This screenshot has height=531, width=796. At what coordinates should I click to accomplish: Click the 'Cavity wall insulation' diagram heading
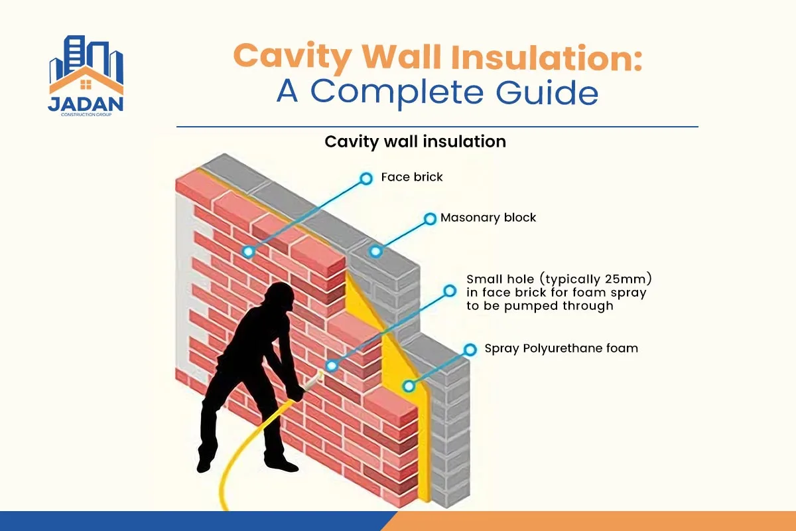tap(415, 141)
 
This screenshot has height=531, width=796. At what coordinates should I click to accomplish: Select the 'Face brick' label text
tap(412, 177)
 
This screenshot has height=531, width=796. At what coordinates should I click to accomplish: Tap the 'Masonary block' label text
tap(488, 217)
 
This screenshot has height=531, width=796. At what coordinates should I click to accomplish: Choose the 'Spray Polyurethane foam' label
tap(561, 348)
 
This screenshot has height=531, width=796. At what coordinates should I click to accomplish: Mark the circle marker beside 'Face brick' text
tap(365, 178)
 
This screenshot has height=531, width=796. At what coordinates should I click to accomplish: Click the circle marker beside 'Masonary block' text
tap(430, 218)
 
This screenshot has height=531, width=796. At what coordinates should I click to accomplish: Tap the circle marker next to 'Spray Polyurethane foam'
tap(470, 349)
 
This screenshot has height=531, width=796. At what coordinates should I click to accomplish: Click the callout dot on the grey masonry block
tap(375, 252)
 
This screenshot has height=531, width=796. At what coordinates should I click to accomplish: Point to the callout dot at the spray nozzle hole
tap(331, 365)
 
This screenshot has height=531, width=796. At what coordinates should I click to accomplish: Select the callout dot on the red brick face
tap(248, 252)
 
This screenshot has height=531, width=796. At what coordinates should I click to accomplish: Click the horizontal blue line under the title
tap(437, 126)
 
